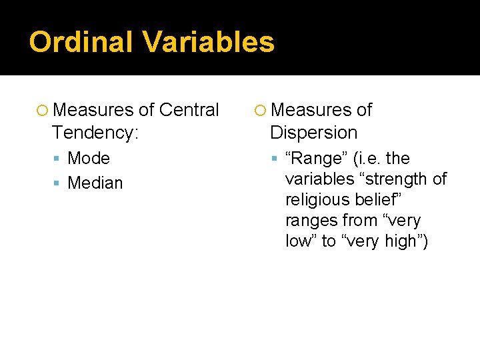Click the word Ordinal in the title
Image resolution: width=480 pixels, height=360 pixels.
(x=81, y=41)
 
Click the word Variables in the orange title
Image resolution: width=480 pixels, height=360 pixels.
(x=208, y=41)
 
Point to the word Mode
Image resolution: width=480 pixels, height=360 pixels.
(x=89, y=159)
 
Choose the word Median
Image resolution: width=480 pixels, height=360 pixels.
(x=95, y=183)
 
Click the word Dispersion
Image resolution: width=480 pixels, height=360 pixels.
(x=313, y=132)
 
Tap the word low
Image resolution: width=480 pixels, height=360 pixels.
(x=299, y=241)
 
